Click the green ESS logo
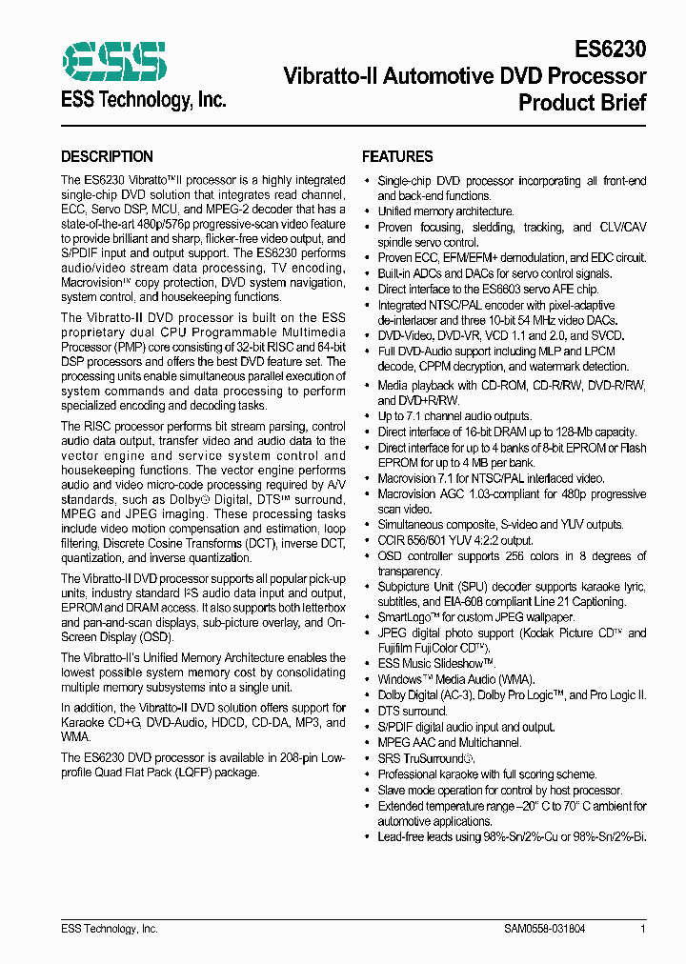113,61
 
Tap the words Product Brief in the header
582,102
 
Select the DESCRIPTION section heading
107,157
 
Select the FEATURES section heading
397,157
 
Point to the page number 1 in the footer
643,929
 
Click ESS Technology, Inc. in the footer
110,929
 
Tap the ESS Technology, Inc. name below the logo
144,99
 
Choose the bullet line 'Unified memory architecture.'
446,211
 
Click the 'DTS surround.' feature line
413,712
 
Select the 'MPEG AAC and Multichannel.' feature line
450,743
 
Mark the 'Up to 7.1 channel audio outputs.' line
455,417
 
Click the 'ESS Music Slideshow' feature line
435,664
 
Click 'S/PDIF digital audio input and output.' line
466,728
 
